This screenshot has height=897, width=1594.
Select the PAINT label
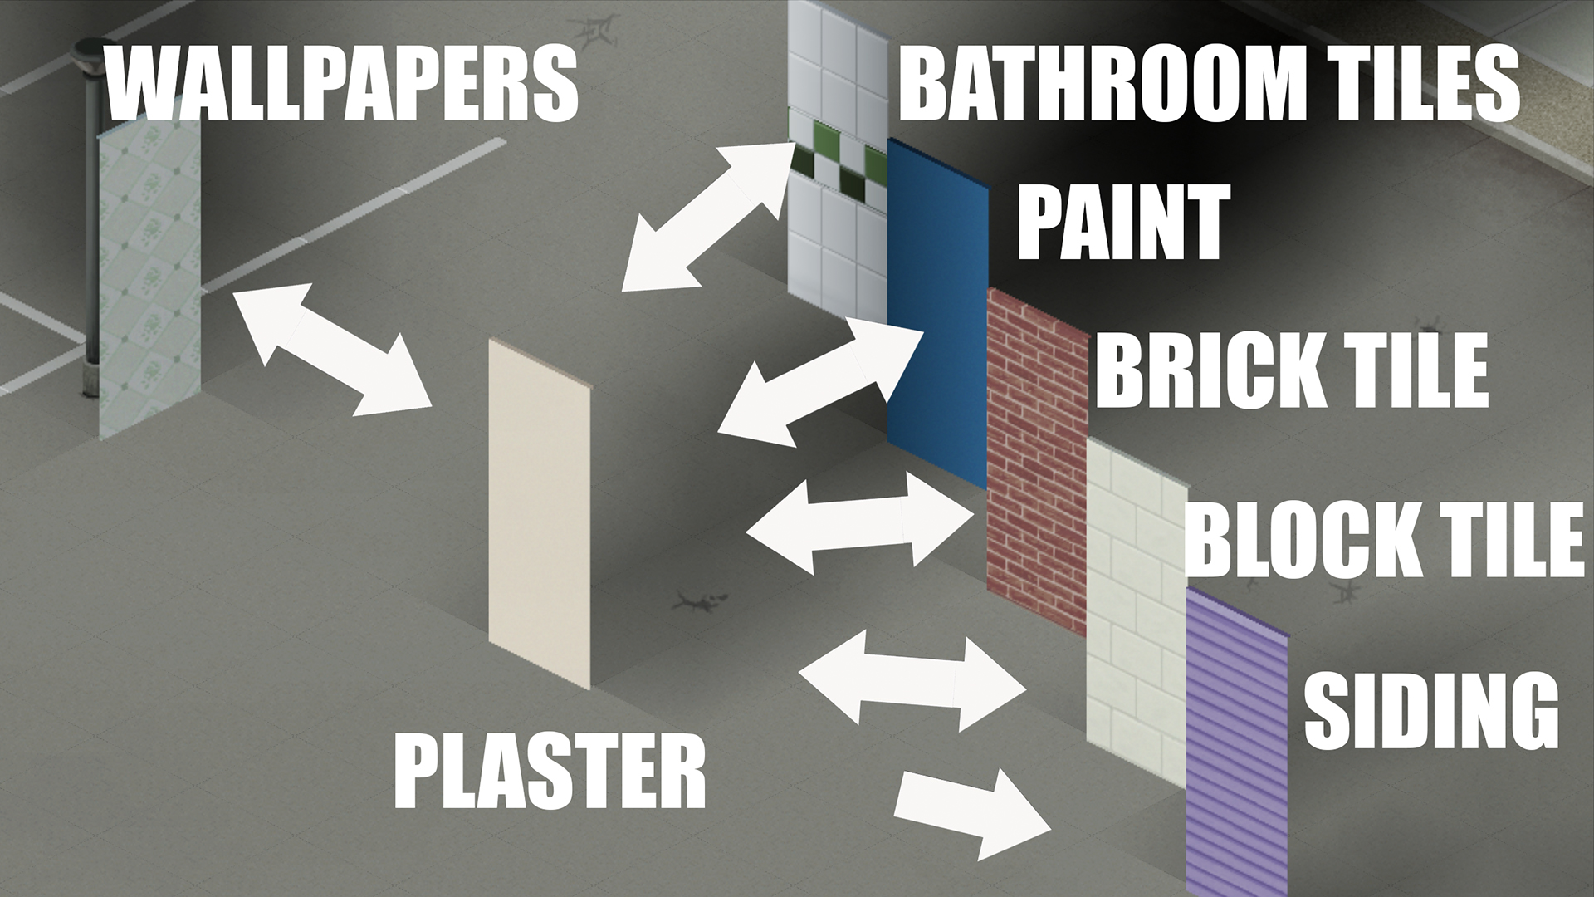pyautogui.click(x=1123, y=222)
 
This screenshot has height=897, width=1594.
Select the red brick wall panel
pyautogui.click(x=1037, y=461)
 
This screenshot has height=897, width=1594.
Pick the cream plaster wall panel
pyautogui.click(x=540, y=514)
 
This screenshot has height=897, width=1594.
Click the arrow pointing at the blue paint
pyautogui.click(x=820, y=383)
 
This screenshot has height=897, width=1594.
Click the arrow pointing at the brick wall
pyautogui.click(x=861, y=522)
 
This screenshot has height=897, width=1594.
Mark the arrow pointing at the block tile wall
pyautogui.click(x=912, y=680)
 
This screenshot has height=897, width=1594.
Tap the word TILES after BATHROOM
pyautogui.click(x=1416, y=83)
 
